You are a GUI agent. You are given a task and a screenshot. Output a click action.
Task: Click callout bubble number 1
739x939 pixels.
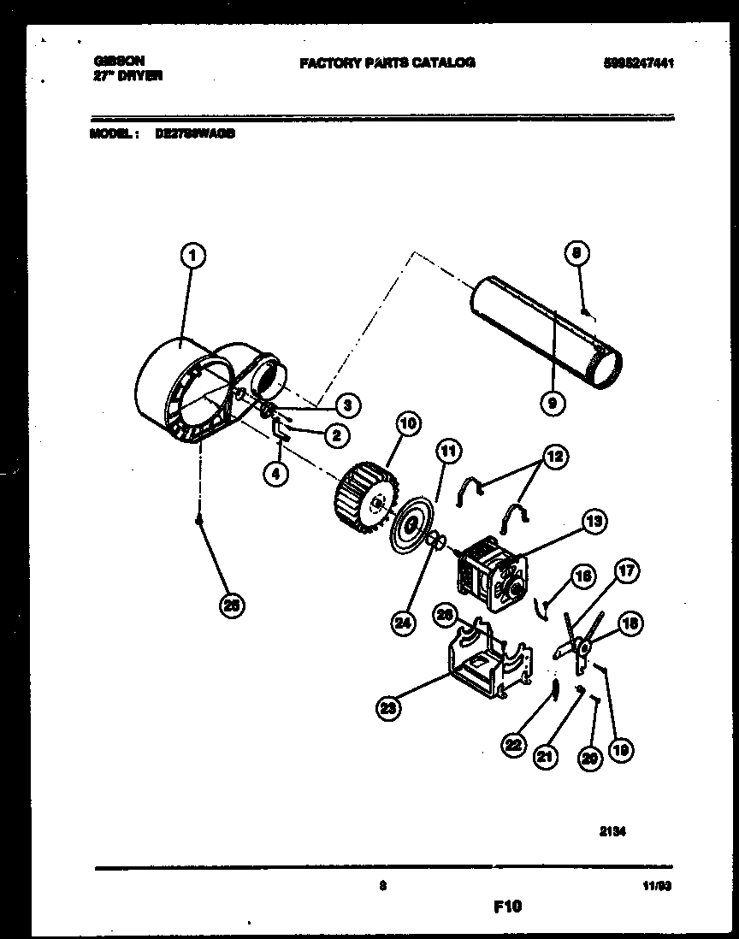click(194, 254)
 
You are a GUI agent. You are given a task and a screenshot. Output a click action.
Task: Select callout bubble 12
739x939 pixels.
click(556, 458)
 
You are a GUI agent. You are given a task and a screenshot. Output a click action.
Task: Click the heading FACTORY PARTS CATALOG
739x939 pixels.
click(387, 62)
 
